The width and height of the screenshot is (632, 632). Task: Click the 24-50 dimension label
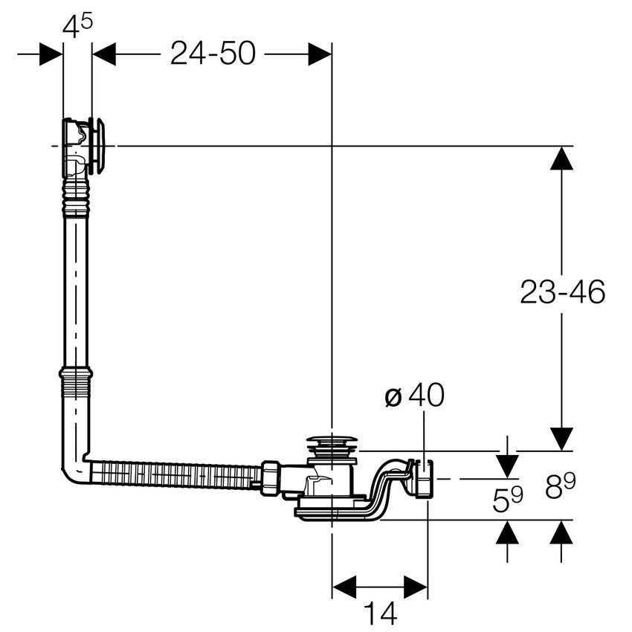pos(212,54)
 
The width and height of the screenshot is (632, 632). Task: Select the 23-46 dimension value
pos(562,292)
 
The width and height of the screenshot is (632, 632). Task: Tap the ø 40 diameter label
pos(414,396)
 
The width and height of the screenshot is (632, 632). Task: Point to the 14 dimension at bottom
pos(380,613)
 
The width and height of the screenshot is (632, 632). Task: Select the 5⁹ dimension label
pos(508,499)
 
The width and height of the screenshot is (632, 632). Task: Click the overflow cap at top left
pos(97,145)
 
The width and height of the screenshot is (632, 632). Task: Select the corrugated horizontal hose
pos(175,474)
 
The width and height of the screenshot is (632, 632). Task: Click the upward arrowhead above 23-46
pos(562,158)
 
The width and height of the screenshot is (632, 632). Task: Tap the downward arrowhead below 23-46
pos(562,439)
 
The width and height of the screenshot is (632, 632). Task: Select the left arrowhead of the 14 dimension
pos(344,586)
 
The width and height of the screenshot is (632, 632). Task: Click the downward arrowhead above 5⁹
pos(508,465)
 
